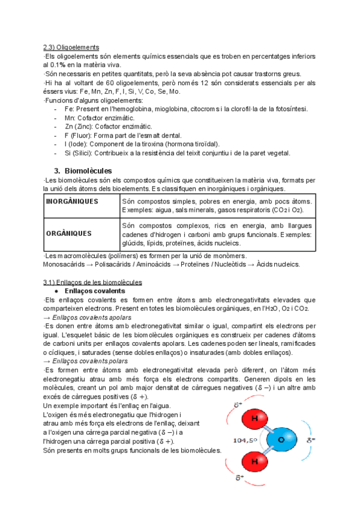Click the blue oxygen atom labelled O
pyautogui.click(x=283, y=440)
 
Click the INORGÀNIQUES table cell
pyautogui.click(x=72, y=201)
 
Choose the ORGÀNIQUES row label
pyautogui.click(x=69, y=233)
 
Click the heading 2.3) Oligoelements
pyautogui.click(x=71, y=47)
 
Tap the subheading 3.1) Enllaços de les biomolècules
pyautogui.click(x=92, y=282)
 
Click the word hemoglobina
pyautogui.click(x=147, y=109)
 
